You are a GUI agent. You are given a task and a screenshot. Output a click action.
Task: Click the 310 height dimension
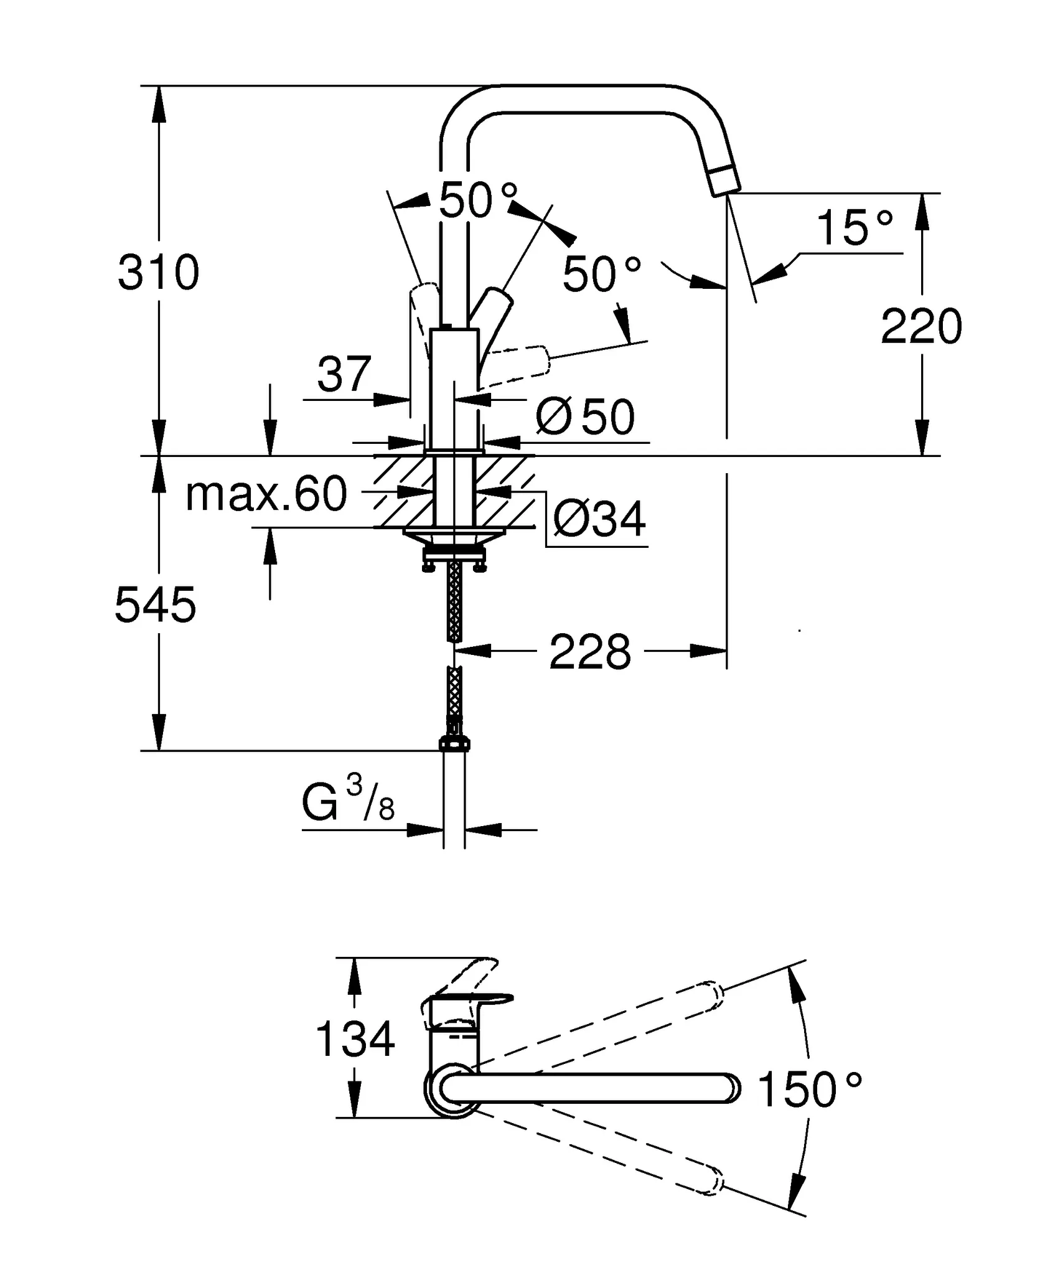coord(158,273)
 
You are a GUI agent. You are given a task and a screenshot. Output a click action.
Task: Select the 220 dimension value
coord(921,326)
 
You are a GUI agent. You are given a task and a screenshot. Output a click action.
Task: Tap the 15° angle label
coord(853,228)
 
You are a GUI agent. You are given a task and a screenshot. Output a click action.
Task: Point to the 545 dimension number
coord(155,605)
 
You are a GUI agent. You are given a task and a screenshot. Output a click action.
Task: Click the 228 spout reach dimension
coord(589,652)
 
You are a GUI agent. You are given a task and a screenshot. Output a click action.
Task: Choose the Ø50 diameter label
coord(586,417)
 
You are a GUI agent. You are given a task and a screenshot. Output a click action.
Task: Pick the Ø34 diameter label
coord(599,519)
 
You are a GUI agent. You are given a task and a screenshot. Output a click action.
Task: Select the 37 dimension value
coord(344,374)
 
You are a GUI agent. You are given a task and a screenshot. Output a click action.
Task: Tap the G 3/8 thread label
coord(348,804)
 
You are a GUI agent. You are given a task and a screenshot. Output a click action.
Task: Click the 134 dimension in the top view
coord(355,1038)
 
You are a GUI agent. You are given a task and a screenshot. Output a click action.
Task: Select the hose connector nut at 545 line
coord(455,743)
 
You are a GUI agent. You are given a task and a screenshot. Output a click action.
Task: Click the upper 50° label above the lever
coord(478,200)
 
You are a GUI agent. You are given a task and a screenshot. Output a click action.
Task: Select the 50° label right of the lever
coord(601,274)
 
